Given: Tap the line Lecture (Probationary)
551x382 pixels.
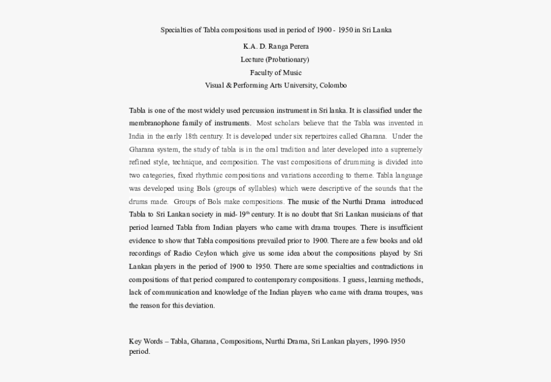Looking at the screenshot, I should click(275, 59).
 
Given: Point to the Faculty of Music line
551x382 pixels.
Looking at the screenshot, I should click(275, 73).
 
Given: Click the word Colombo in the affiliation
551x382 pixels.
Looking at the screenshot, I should click(333, 85).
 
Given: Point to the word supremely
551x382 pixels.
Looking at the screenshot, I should click(406, 150).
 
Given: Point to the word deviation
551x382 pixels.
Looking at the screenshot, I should click(199, 306).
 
